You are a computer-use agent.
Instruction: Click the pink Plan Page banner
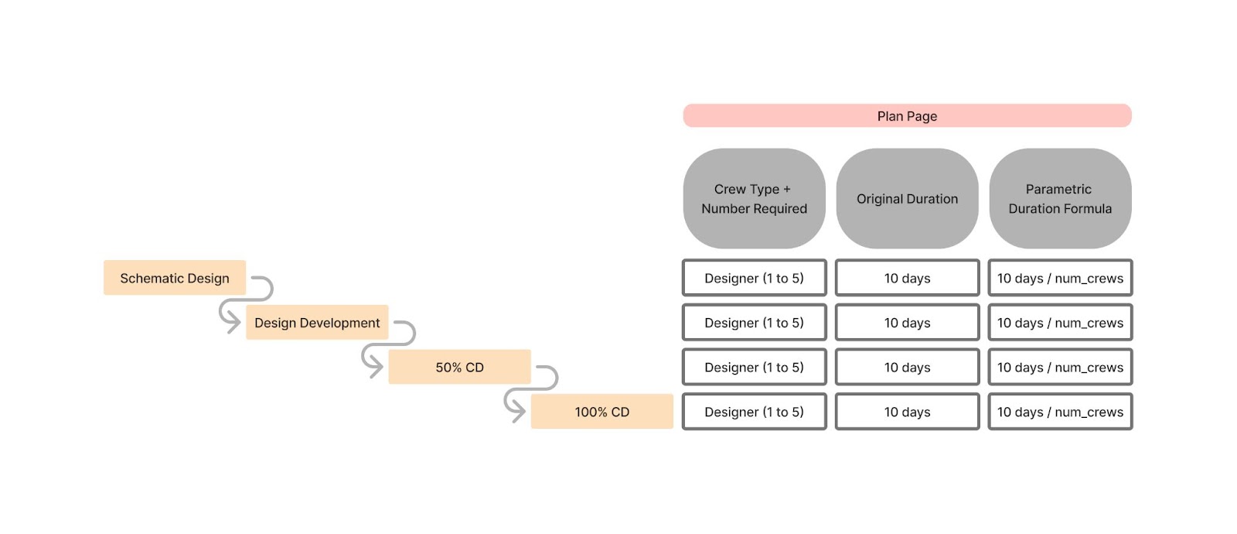tap(907, 116)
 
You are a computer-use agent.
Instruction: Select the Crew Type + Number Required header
tap(754, 199)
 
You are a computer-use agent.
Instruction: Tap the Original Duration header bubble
tap(907, 199)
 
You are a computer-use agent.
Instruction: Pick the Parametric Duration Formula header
tap(1060, 199)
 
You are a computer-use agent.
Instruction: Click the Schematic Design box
tap(175, 278)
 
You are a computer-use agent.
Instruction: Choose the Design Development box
tap(317, 323)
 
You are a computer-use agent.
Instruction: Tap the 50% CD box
tap(459, 367)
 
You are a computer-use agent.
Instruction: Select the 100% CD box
tap(601, 412)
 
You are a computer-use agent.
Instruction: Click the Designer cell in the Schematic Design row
tap(754, 278)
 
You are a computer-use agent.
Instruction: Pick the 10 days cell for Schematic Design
tap(907, 278)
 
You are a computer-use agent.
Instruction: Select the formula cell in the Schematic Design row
tap(1060, 278)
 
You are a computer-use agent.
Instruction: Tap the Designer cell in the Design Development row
tap(754, 323)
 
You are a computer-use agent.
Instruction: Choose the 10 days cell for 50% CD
tap(907, 367)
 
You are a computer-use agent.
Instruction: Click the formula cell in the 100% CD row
tap(1060, 412)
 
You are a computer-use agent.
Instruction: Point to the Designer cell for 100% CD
tap(754, 412)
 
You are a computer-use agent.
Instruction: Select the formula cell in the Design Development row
tap(1060, 323)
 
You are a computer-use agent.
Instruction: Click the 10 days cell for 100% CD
tap(907, 412)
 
